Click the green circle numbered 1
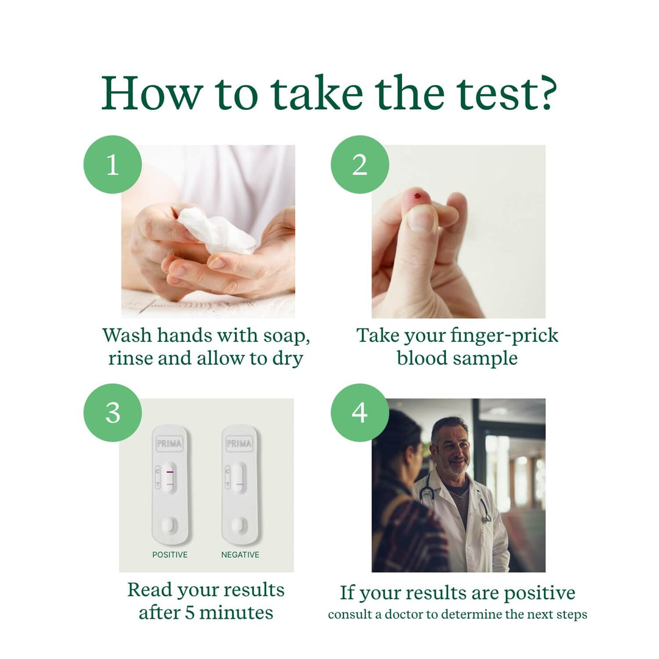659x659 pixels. tap(113, 165)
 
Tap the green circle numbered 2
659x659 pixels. tap(360, 165)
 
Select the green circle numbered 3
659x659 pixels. tap(113, 413)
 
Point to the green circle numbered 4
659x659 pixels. tap(360, 413)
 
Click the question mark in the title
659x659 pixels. tap(541, 93)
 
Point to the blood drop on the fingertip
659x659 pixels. tap(417, 196)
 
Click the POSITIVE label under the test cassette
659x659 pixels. tap(170, 555)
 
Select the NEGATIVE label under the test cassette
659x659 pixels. tap(240, 555)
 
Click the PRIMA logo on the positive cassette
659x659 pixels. tap(169, 444)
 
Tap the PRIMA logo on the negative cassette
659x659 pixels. tap(239, 444)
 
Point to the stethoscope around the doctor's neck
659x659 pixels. tap(482, 506)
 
